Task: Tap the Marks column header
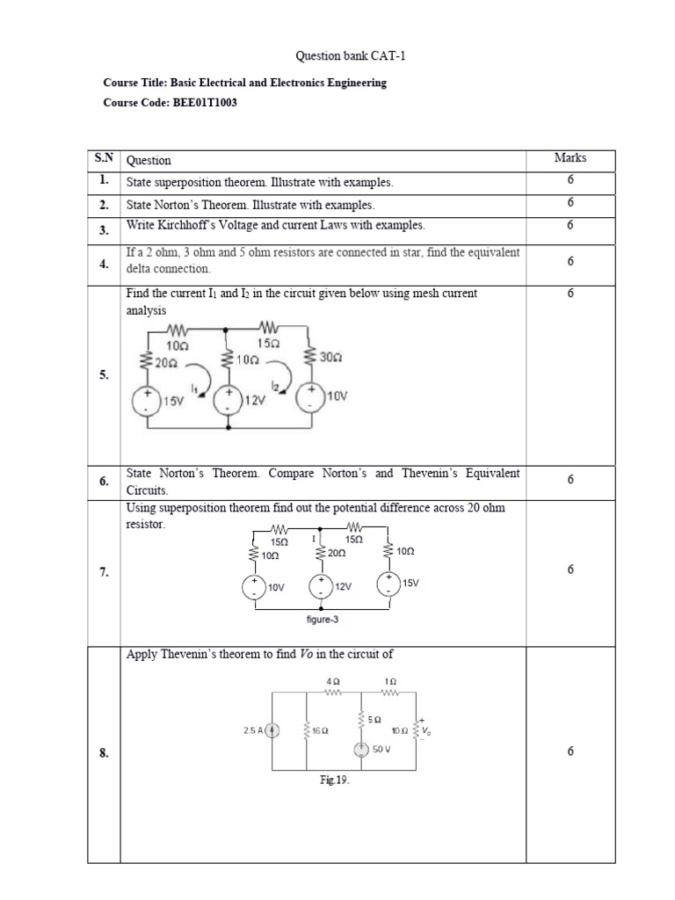tap(570, 158)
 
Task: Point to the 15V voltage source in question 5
tap(145, 401)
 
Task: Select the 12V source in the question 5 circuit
tap(229, 401)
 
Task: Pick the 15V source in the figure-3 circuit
tap(388, 584)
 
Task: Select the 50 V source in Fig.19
tap(361, 750)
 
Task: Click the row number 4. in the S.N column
tap(104, 263)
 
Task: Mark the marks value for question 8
tap(570, 751)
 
